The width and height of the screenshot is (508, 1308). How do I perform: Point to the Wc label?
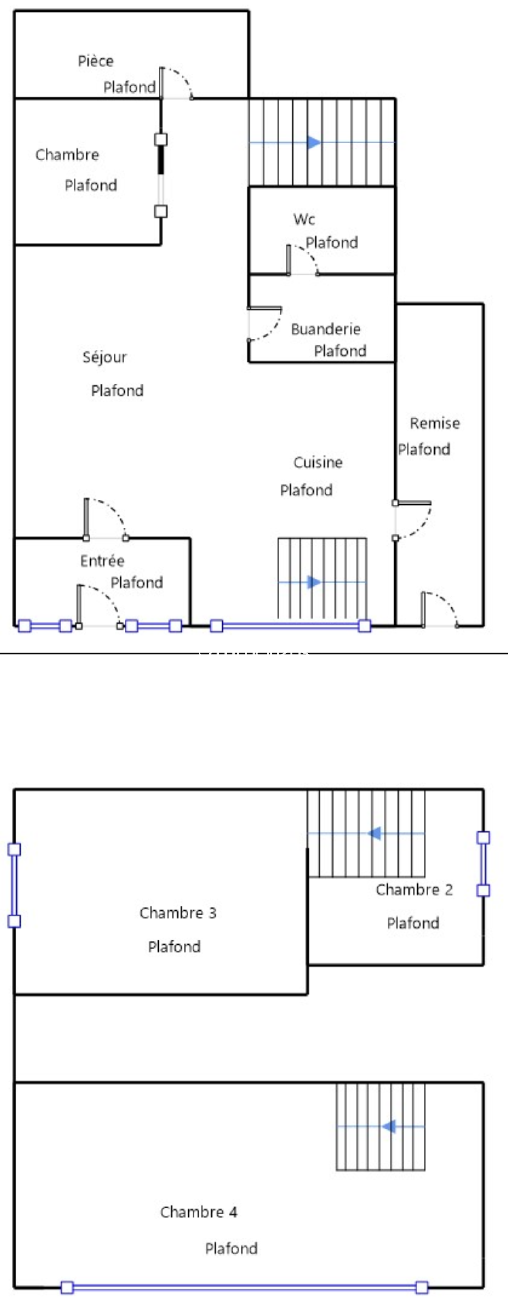click(304, 219)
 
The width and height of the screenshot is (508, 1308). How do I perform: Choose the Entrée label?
click(102, 561)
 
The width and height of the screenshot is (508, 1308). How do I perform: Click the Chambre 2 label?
click(414, 890)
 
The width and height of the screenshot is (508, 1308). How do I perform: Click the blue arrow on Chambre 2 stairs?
click(375, 833)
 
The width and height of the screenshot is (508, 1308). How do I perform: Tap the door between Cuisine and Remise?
click(414, 520)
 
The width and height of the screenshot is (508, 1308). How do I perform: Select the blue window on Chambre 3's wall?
click(14, 885)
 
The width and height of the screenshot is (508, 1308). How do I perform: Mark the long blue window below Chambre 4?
click(244, 1287)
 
